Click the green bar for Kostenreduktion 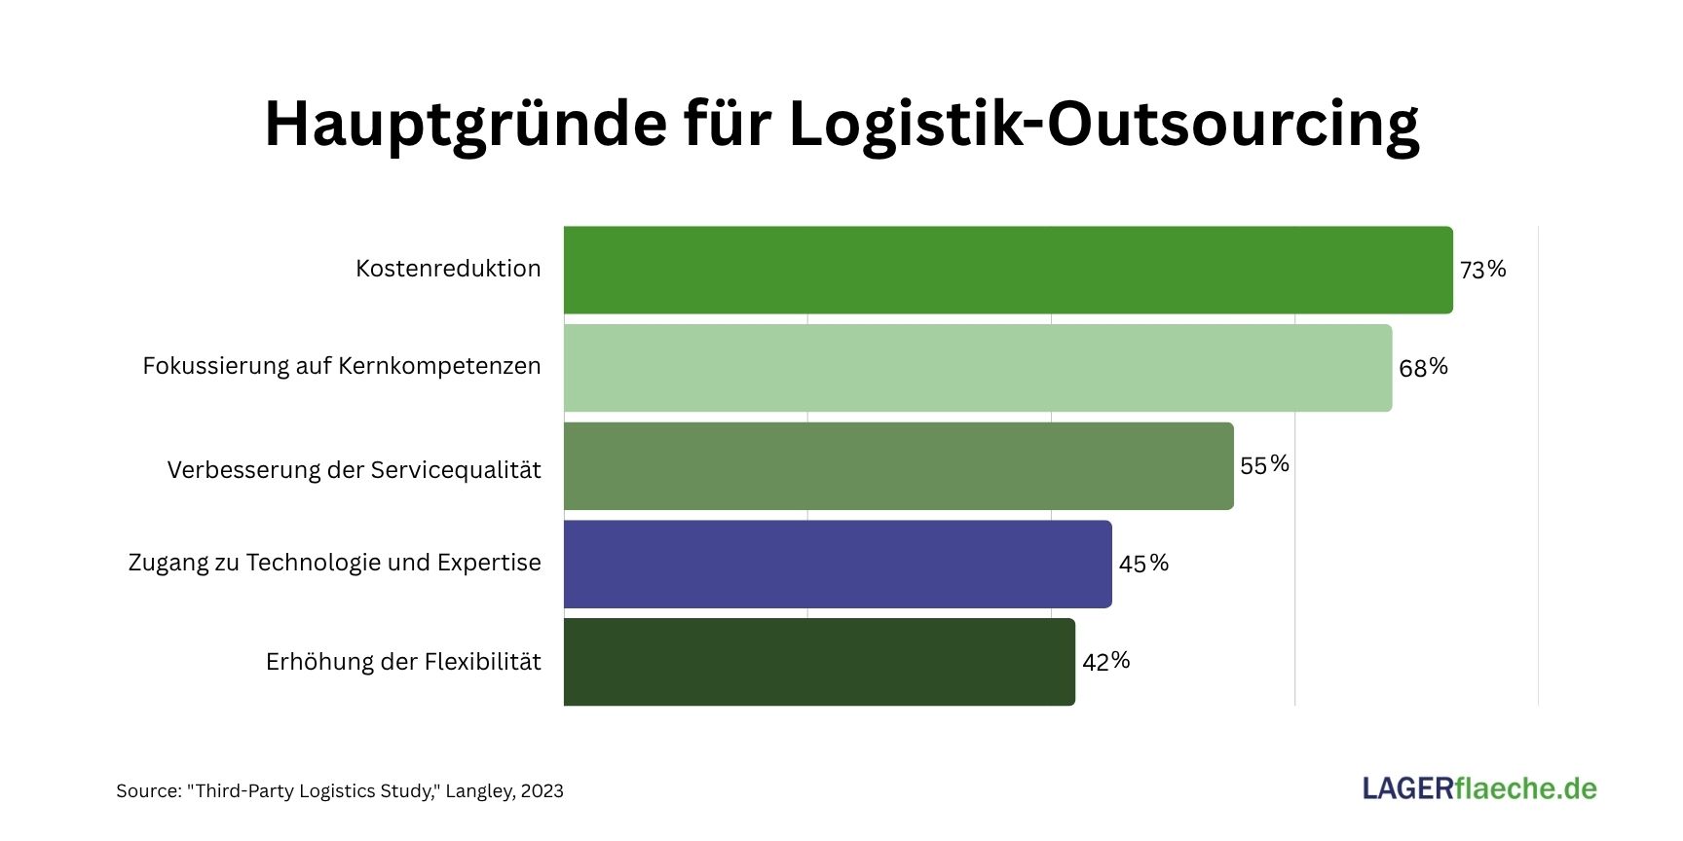coord(1008,270)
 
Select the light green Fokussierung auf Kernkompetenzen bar coord(978,368)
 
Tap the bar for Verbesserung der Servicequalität coord(898,465)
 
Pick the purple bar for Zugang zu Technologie coord(838,564)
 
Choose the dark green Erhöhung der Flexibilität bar coord(819,662)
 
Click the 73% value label coord(1482,270)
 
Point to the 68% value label coord(1423,368)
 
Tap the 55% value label coord(1264,465)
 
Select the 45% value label coord(1143,564)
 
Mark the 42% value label coord(1105,662)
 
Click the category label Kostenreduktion coord(448,269)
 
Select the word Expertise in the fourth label coord(489,563)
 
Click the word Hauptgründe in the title coord(466,125)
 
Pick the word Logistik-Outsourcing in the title coord(1103,125)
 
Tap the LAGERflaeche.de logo coord(1479,788)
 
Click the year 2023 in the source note coord(542,791)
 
